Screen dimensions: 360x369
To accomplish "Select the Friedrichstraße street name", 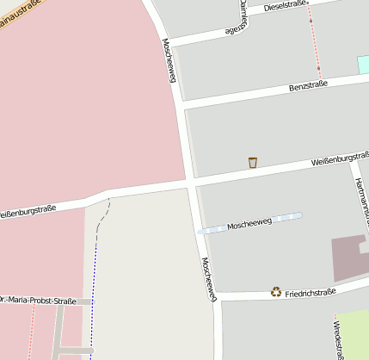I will (311, 293).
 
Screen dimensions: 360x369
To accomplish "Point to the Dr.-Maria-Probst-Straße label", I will (39, 301).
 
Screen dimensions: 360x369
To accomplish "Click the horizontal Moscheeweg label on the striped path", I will (249, 224).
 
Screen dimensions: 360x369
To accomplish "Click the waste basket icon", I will (253, 162).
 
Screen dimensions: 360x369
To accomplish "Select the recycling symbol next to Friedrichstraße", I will (276, 292).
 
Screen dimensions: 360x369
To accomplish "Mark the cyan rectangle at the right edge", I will (363, 65).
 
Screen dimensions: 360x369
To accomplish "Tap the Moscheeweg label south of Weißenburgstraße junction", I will (208, 278).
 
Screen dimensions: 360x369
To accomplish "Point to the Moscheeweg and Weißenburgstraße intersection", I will (190, 183).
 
